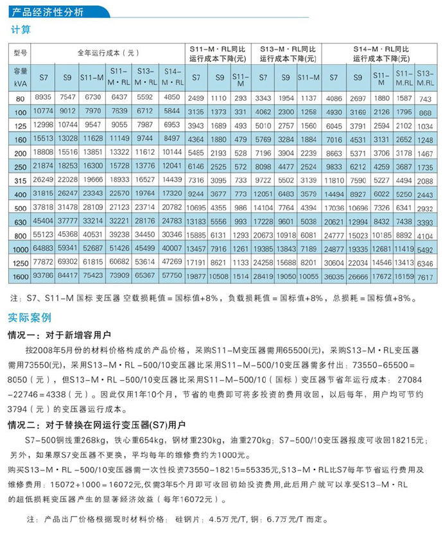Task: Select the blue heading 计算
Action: point(20,30)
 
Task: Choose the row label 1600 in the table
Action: point(20,276)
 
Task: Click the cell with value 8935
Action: point(42,97)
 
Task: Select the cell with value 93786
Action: point(42,276)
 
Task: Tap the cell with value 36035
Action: point(334,276)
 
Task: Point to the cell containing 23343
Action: point(92,193)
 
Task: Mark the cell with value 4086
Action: point(334,98)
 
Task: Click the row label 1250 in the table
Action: point(20,262)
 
